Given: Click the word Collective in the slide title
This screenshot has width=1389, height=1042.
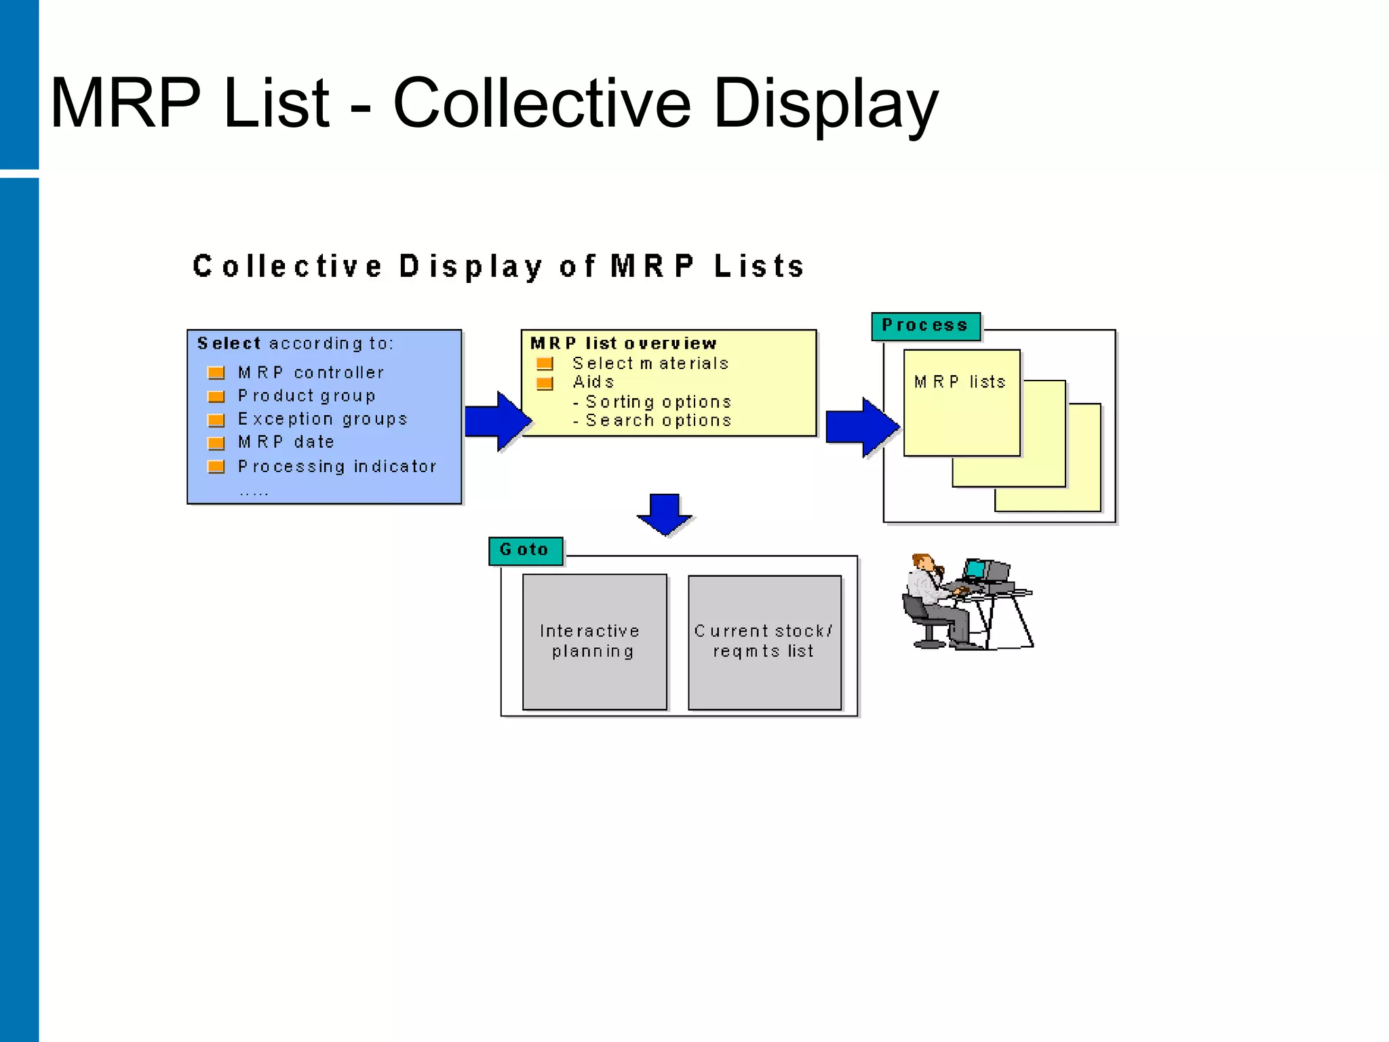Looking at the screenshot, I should point(541,103).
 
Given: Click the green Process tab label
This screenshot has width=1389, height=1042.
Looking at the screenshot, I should point(925,326).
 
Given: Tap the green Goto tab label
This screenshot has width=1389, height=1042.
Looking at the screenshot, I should point(524,549).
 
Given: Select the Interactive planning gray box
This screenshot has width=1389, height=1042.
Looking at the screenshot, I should point(594,642).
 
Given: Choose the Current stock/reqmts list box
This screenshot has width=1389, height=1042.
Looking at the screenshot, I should point(764,642).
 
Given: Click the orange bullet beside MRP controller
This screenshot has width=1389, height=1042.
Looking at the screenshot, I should point(216,373).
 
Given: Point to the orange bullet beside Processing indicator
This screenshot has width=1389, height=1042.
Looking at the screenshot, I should point(216,467).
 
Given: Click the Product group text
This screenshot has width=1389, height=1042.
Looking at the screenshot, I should point(307,395).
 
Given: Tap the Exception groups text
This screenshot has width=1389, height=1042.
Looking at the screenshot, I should point(323,419).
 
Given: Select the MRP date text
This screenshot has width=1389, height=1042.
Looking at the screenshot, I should point(286,442).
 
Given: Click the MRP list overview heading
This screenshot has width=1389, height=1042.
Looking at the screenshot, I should point(623,343).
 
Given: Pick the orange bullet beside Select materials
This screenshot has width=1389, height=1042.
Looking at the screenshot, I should point(545,364).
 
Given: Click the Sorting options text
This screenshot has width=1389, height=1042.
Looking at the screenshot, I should point(658,402).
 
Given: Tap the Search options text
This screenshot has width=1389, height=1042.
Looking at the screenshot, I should point(658,421).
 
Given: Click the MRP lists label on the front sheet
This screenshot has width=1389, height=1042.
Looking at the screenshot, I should point(960,382).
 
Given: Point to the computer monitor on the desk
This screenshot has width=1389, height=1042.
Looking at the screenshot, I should point(976,569).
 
